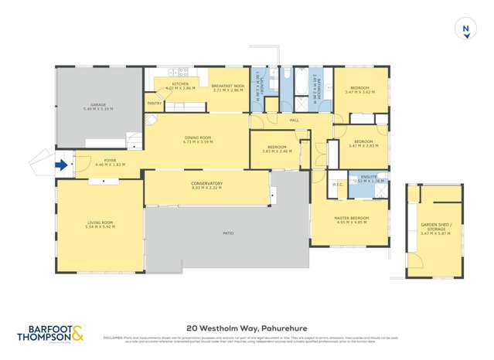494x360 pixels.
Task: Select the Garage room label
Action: click(98, 107)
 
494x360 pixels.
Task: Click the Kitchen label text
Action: click(180, 85)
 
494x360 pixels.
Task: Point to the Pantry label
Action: click(154, 103)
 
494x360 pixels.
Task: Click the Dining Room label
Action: click(197, 140)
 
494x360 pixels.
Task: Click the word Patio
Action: click(228, 232)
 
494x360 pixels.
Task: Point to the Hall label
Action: click(294, 121)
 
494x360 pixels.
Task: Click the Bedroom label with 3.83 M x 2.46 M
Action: click(277, 148)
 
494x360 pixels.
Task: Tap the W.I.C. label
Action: click(336, 184)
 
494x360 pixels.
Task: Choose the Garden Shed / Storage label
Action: click(434, 227)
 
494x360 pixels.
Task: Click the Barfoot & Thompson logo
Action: click(51, 333)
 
